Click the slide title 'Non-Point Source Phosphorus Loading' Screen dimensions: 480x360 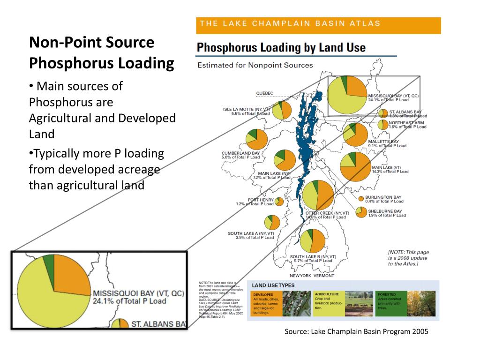pyautogui.click(x=101, y=52)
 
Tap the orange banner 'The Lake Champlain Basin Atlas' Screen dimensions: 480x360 pyautogui.click(x=318, y=25)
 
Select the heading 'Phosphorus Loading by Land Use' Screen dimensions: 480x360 pyautogui.click(x=281, y=48)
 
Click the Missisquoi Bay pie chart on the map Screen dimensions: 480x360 pyautogui.click(x=347, y=95)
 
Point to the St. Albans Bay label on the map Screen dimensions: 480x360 pyautogui.click(x=406, y=114)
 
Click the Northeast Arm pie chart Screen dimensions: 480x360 pyautogui.click(x=383, y=124)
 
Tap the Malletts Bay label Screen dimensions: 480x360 pyautogui.click(x=383, y=143)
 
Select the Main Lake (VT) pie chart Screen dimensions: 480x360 pyautogui.click(x=355, y=167)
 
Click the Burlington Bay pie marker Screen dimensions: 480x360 pyautogui.click(x=361, y=198)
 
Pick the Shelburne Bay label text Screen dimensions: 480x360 pyautogui.click(x=384, y=213)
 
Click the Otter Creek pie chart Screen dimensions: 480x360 pyautogui.click(x=318, y=195)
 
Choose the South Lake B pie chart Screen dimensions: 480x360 pyautogui.click(x=313, y=241)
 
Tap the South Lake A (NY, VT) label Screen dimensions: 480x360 pyautogui.click(x=251, y=235)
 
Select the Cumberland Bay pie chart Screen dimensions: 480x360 pyautogui.click(x=257, y=139)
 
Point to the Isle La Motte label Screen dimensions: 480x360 pyautogui.click(x=247, y=111)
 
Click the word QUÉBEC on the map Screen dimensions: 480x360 pyautogui.click(x=264, y=93)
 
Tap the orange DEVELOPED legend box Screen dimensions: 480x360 pyautogui.click(x=265, y=304)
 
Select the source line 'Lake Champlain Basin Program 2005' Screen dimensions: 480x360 pyautogui.click(x=356, y=331)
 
